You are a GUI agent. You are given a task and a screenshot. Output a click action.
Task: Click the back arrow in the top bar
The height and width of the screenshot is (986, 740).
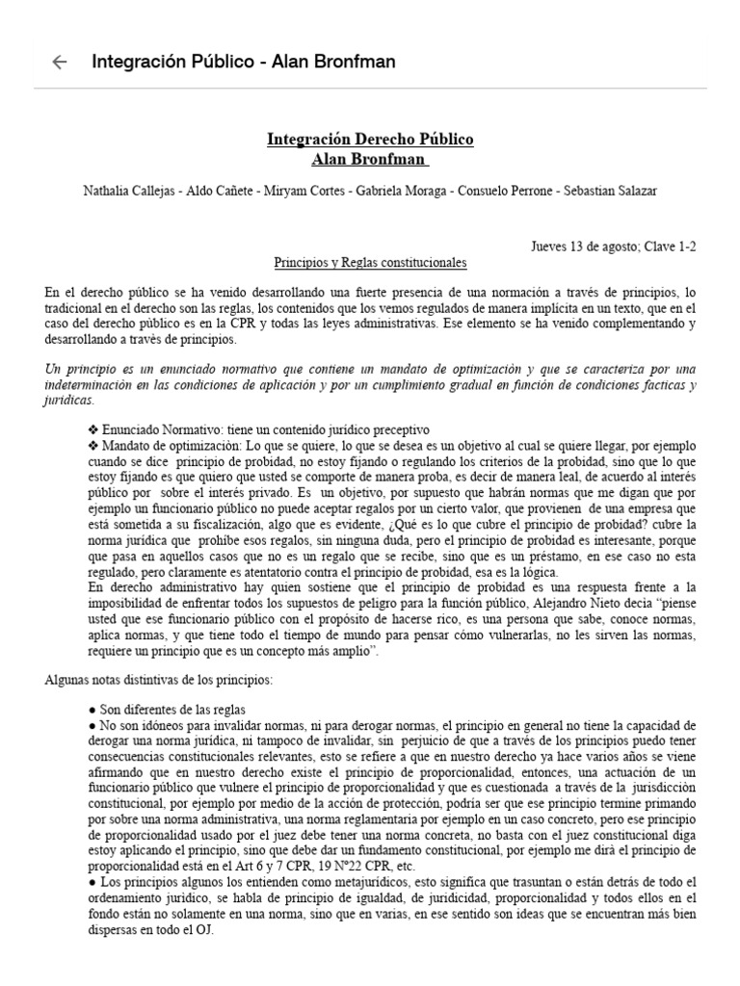tap(60, 63)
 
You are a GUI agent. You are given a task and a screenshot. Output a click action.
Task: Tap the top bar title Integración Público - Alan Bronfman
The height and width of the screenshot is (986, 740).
tap(243, 63)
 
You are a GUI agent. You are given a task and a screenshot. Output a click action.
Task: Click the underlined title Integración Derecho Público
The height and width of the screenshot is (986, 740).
tap(370, 140)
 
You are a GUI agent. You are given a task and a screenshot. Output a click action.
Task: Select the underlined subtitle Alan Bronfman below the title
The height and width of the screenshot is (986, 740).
tap(370, 159)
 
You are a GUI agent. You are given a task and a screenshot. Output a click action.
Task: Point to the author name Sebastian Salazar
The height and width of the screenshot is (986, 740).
tap(612, 192)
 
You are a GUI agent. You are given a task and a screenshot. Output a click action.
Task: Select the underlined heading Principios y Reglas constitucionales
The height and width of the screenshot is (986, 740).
tap(370, 262)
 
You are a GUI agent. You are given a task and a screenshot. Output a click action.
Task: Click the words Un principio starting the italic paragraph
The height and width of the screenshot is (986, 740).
tap(77, 370)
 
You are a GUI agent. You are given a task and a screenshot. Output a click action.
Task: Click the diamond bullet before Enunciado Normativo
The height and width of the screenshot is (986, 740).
tap(92, 429)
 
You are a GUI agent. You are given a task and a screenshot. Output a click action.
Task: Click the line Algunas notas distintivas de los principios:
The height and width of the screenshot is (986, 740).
tap(159, 680)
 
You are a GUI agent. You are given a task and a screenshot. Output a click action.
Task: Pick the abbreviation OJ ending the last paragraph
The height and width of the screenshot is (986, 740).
tap(205, 931)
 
